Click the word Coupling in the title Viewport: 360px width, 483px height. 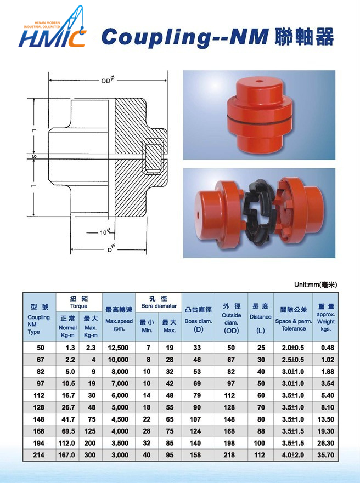coord(156,37)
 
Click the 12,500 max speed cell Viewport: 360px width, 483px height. coord(119,348)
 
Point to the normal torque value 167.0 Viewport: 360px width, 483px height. coord(67,455)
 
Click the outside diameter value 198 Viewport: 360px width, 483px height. coord(231,443)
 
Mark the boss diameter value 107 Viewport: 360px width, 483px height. coord(198,419)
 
